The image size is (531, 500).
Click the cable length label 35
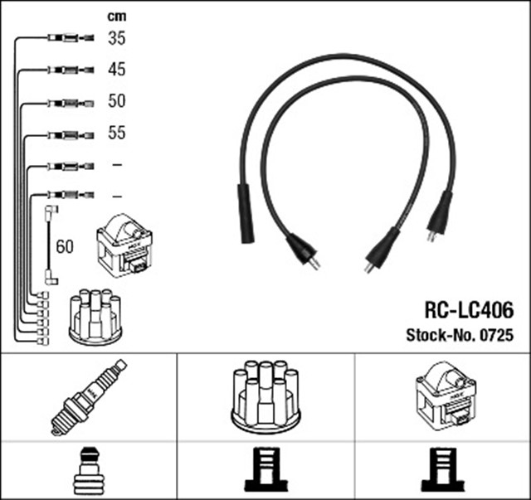point(116,38)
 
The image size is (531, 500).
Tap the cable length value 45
point(116,70)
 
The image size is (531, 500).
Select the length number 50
point(116,102)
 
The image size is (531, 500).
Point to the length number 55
point(116,133)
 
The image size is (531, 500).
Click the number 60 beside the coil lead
point(65,246)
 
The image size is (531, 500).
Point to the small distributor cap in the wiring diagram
point(95,316)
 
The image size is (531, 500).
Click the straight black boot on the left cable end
point(246,214)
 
